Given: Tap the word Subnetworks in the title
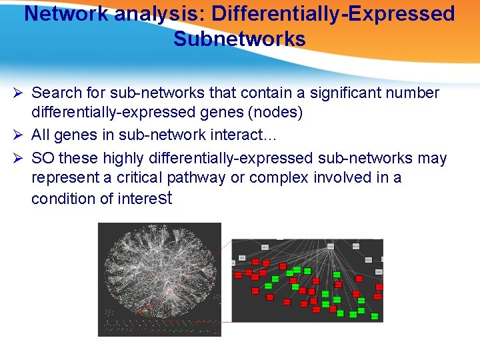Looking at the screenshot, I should pos(239,39).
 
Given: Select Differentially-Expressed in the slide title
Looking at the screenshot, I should pos(333,14).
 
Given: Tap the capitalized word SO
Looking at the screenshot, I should pos(43,158).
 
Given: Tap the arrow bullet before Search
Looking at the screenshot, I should pos(20,93).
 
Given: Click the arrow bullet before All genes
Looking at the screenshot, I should pos(20,135).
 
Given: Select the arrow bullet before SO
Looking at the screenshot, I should pos(20,158).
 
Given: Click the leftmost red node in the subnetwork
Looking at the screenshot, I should pos(238,275).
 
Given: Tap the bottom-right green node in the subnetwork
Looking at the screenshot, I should pos(375,316).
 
